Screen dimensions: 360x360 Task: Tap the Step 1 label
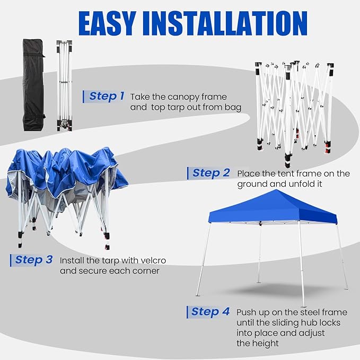(107, 96)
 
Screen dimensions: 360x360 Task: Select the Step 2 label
(211, 173)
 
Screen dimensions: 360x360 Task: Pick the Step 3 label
(34, 260)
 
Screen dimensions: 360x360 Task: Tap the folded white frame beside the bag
(64, 85)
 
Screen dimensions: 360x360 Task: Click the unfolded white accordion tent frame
(293, 109)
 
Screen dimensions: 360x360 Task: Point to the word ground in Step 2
(252, 184)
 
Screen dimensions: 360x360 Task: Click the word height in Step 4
(266, 344)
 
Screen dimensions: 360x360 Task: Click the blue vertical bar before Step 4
(187, 312)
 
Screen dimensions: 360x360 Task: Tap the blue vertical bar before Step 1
(84, 96)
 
